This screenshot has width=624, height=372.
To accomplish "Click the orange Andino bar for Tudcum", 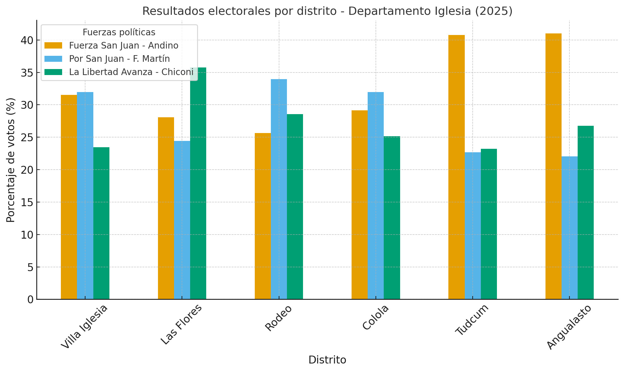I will (456, 167).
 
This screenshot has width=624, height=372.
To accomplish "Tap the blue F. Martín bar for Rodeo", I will (279, 189).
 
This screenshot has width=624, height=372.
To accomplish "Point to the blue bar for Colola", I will (376, 195).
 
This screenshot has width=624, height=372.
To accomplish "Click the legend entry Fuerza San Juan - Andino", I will (124, 46).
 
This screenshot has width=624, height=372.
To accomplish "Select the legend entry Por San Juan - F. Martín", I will (119, 59).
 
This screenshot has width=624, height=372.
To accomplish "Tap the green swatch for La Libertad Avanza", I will (53, 72).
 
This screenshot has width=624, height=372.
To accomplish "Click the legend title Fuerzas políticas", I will (119, 32).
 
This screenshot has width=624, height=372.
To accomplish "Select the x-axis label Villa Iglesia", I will (85, 327).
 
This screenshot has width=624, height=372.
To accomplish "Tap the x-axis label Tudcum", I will (472, 320).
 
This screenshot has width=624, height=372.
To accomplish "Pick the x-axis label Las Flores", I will (181, 325).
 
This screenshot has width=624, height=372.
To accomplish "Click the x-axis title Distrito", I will (327, 360).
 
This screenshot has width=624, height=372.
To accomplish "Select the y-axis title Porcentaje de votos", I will (11, 160).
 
